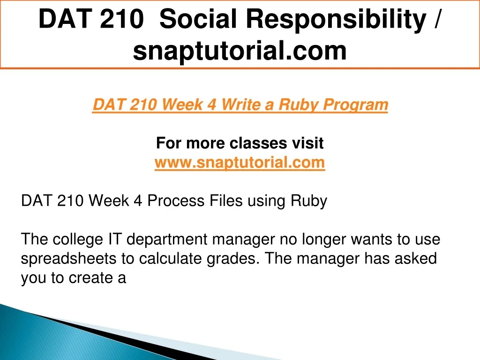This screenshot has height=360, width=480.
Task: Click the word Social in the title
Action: [198, 19]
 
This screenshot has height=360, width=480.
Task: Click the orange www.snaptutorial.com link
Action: [240, 162]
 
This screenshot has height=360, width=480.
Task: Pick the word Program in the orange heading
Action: [355, 105]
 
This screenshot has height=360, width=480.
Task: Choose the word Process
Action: [176, 201]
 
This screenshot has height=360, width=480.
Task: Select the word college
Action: [78, 240]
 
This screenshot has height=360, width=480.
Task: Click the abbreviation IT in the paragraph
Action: [115, 239]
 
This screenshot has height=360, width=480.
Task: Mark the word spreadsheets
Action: [68, 259]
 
